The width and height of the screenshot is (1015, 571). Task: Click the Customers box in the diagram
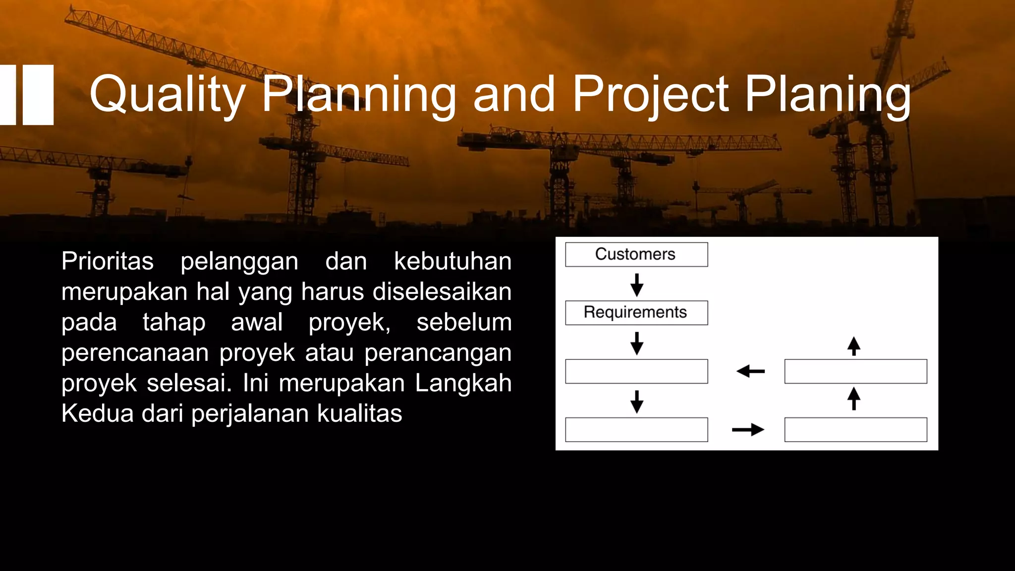tap(636, 254)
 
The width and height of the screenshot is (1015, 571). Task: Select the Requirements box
tap(636, 313)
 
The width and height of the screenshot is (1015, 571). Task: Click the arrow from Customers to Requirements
tap(637, 285)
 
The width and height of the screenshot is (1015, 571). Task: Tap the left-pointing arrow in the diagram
tap(750, 371)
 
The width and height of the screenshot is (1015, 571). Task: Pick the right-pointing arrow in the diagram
tap(748, 429)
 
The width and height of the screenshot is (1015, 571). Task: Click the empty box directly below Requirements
tap(636, 371)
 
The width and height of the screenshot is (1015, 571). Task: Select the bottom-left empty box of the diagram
tap(636, 430)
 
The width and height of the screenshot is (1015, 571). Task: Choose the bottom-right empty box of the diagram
tap(855, 430)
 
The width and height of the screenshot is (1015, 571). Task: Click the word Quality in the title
tap(168, 94)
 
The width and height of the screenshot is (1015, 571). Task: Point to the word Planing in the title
tap(828, 94)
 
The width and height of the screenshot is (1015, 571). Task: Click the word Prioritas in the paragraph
tap(107, 261)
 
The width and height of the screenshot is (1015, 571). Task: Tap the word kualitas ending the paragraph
tap(359, 413)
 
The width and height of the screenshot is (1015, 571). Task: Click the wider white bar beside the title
tap(38, 95)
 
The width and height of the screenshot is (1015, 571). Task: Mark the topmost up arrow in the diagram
tap(853, 346)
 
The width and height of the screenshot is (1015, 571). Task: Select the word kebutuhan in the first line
tap(452, 261)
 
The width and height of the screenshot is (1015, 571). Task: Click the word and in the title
tap(513, 94)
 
